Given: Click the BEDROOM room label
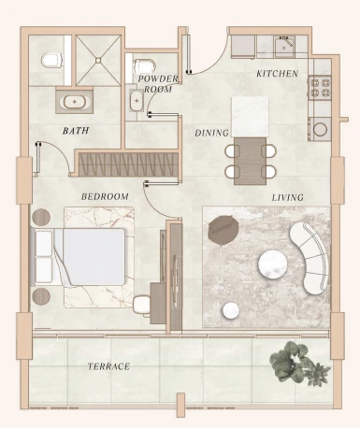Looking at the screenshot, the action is click(105, 197).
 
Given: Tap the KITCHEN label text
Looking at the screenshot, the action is click(277, 74).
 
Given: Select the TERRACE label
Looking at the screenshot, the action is click(108, 366).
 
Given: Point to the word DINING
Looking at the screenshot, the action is click(211, 134).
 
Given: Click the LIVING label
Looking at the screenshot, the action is click(287, 197).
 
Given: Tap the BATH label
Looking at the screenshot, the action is click(76, 131).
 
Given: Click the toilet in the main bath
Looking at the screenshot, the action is click(52, 60).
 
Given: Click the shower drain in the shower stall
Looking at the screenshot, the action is click(98, 60).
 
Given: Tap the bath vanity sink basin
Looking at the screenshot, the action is click(75, 102).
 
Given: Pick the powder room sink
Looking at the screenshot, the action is click(137, 100).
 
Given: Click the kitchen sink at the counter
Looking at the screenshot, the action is click(283, 48).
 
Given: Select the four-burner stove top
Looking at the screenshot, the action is click(320, 88).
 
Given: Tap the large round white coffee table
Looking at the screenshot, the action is click(273, 264).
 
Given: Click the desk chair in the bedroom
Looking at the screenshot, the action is click(142, 305).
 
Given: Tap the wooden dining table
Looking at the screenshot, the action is click(251, 161).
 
